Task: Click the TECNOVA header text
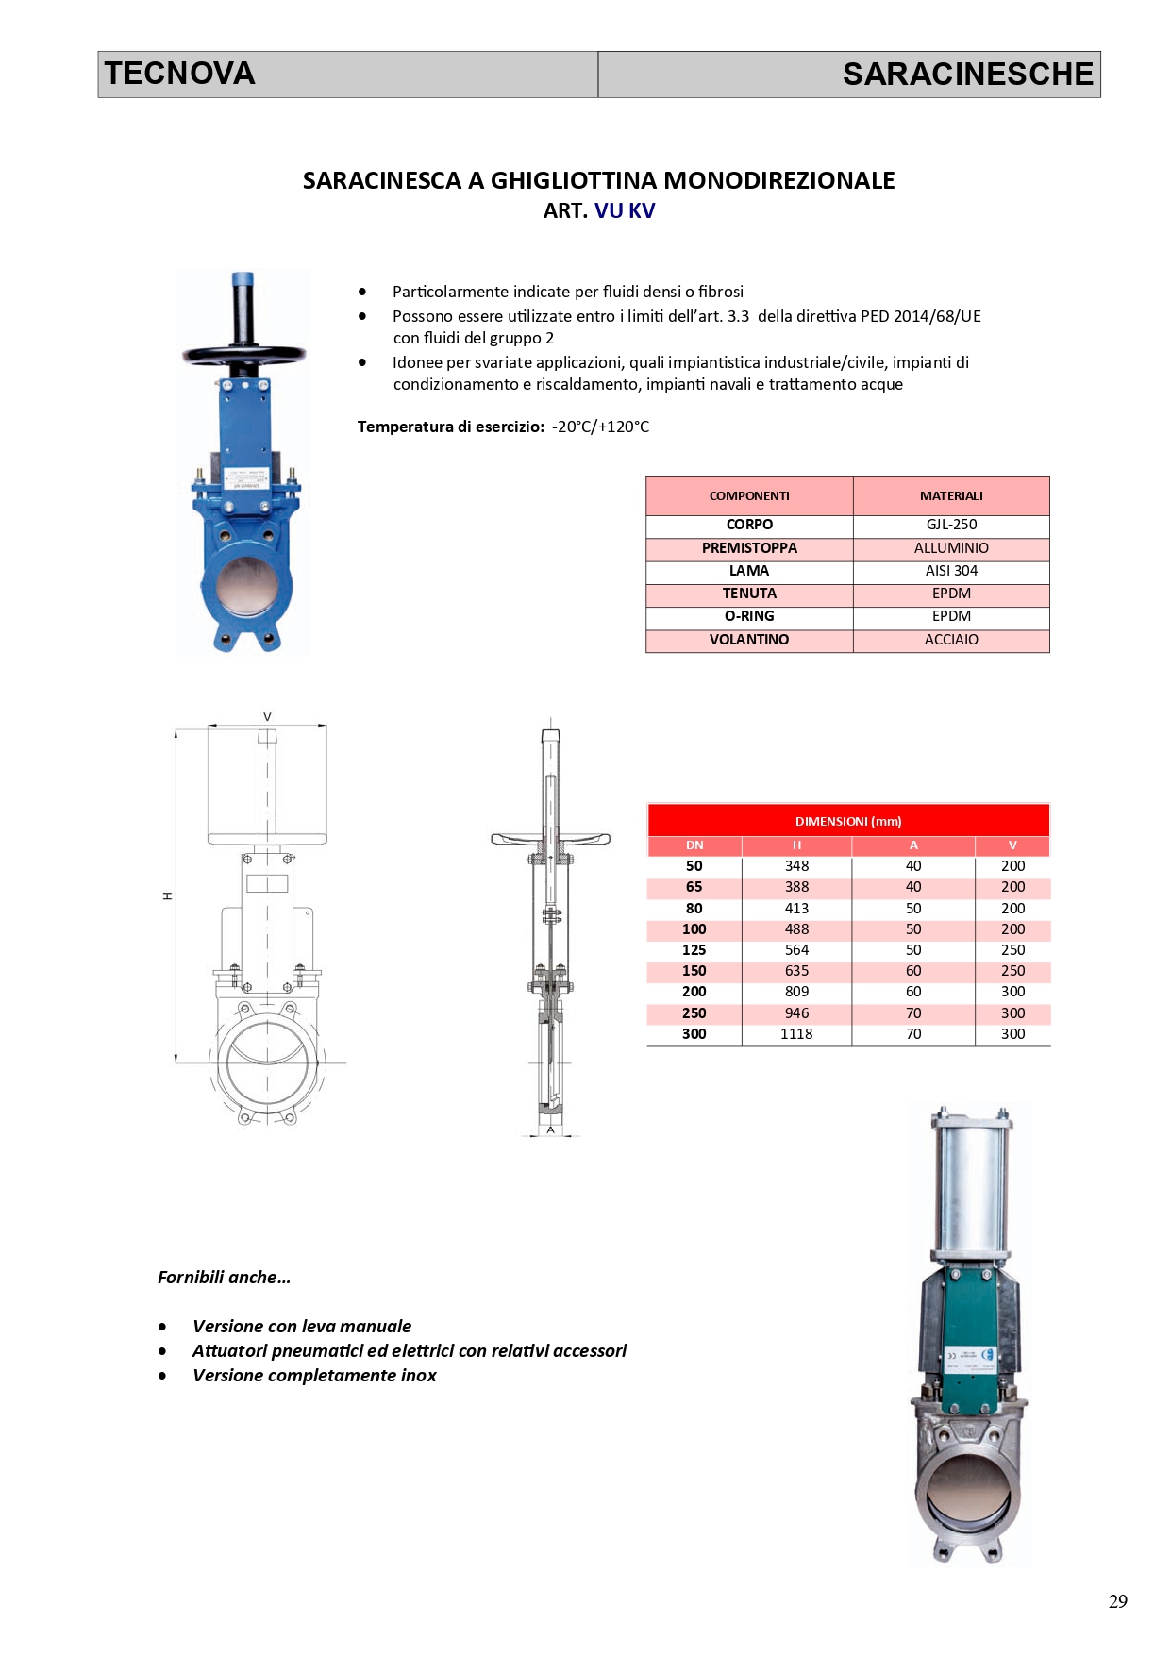[179, 74]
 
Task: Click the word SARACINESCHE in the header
[967, 74]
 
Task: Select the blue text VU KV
[624, 210]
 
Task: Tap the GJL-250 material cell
[951, 525]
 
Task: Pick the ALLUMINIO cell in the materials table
[951, 548]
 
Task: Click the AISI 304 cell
[951, 571]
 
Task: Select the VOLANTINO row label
[749, 640]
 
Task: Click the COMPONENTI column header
[749, 496]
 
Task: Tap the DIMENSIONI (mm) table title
[848, 821]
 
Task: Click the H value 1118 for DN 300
[796, 1034]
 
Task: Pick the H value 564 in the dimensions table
[796, 950]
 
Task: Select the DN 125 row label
[694, 950]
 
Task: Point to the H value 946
[796, 1013]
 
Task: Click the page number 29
[1117, 1601]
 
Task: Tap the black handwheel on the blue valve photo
[244, 356]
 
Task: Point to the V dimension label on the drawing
[267, 717]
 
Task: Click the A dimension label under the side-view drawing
[550, 1129]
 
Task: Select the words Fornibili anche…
[224, 1278]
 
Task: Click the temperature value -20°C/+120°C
[600, 427]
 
